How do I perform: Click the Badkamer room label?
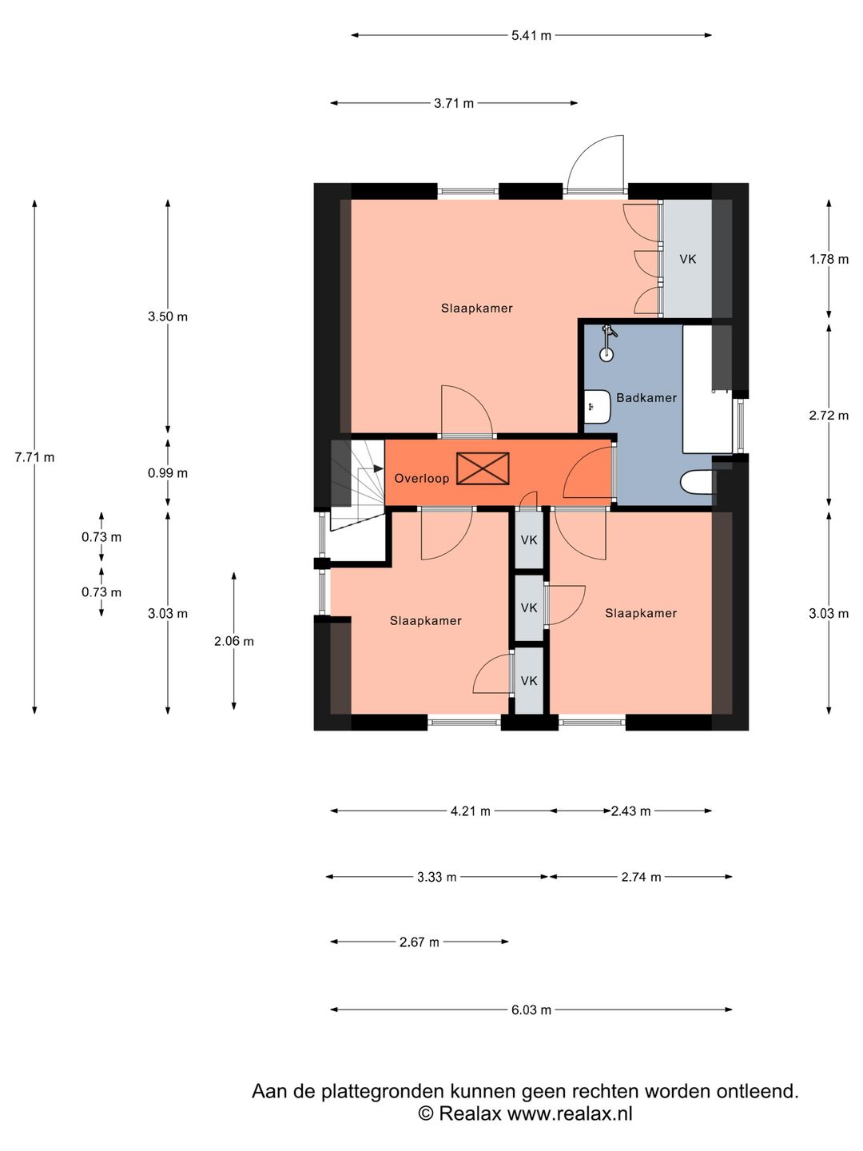646,398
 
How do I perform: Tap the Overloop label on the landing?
421,478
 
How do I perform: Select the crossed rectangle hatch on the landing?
483,468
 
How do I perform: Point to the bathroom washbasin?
598,406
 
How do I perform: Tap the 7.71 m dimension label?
34,457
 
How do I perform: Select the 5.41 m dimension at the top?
531,36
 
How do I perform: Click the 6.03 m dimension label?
531,1010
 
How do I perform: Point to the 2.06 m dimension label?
233,641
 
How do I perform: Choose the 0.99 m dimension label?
168,473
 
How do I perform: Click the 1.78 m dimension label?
829,259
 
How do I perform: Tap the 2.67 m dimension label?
420,942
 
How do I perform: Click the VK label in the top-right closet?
688,259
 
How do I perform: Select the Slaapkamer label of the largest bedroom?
477,309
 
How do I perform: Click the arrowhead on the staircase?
378,468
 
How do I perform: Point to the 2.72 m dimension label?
829,416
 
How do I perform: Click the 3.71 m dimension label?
454,104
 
